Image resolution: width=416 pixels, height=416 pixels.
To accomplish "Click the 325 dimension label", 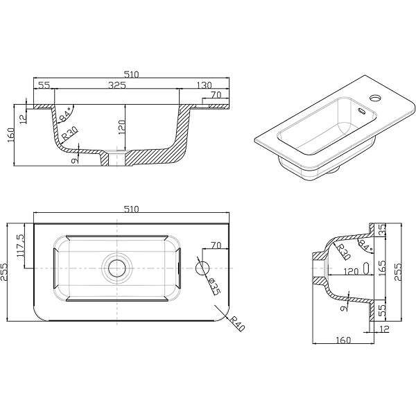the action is (117, 85).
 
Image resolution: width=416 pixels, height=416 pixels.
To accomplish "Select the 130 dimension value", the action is (205, 85).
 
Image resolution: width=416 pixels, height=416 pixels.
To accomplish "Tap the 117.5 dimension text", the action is (20, 245).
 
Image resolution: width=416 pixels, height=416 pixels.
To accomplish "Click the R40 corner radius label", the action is (237, 324).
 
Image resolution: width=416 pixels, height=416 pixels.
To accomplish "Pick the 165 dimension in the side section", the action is (382, 268).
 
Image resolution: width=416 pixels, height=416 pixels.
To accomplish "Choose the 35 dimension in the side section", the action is (382, 229).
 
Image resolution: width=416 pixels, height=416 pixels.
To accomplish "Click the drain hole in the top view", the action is (116, 268).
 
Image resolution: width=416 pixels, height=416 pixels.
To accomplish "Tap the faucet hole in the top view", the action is (202, 268).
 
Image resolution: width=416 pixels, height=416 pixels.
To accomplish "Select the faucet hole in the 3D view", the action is (376, 98).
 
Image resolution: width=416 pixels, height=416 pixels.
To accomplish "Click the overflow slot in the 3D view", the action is (362, 111).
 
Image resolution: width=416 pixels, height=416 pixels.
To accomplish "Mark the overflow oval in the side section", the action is (366, 268).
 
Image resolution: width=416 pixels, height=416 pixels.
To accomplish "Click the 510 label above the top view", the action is (132, 209).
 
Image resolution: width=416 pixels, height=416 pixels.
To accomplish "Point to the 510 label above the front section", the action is (132, 75).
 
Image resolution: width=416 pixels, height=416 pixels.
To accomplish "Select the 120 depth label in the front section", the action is (121, 127).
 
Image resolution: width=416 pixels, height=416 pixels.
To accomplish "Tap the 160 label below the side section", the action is (343, 340).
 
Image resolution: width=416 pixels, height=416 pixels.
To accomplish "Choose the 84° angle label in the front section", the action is (65, 114).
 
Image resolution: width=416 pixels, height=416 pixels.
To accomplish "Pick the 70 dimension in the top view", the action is (216, 245).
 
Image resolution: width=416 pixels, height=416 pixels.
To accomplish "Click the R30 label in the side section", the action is (344, 252).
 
